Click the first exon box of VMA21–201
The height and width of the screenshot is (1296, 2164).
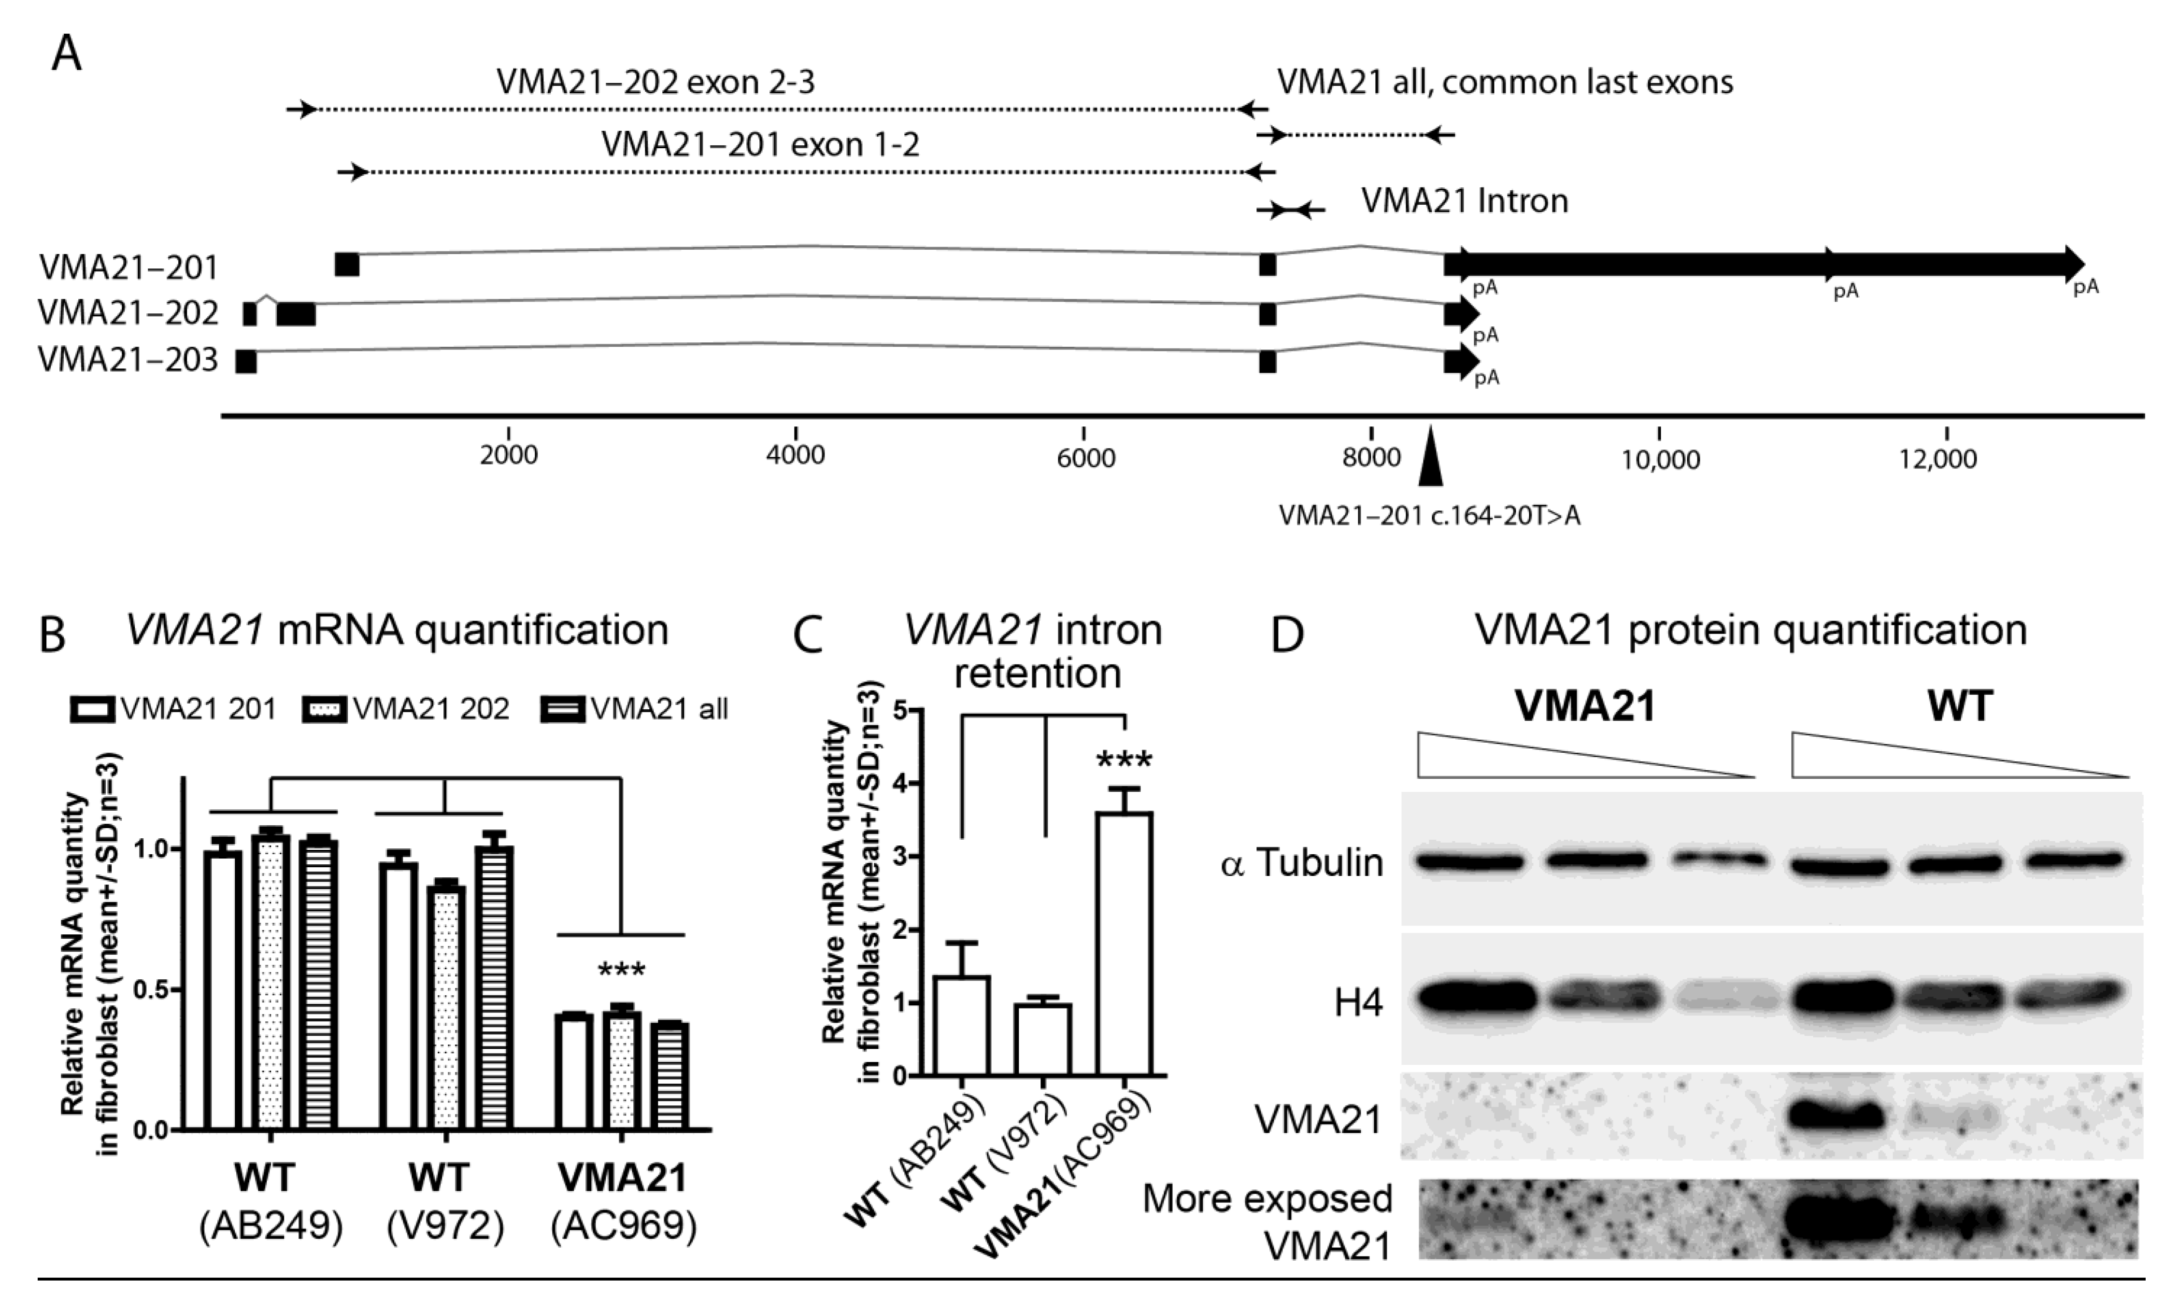347,264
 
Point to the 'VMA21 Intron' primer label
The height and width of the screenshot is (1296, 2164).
1464,202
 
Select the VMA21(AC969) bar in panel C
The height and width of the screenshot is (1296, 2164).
1125,943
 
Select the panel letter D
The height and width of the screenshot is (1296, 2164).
1287,637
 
